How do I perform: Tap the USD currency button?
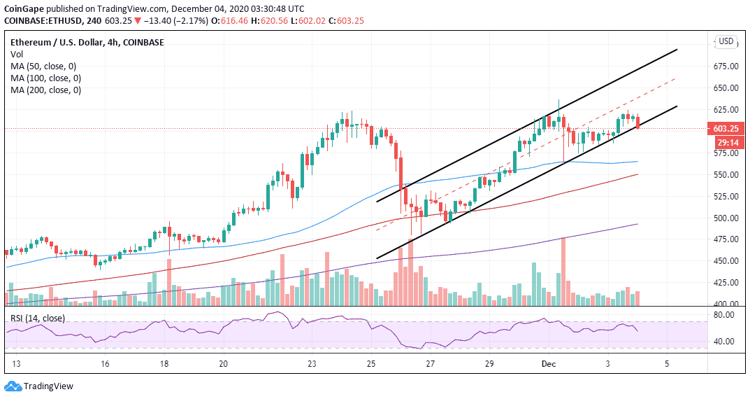click(726, 42)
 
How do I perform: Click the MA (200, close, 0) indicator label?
click(45, 90)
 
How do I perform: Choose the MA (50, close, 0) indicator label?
click(43, 66)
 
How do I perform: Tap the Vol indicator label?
click(17, 55)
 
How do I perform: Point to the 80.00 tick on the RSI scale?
click(726, 315)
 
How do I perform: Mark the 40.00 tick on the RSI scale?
click(726, 342)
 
